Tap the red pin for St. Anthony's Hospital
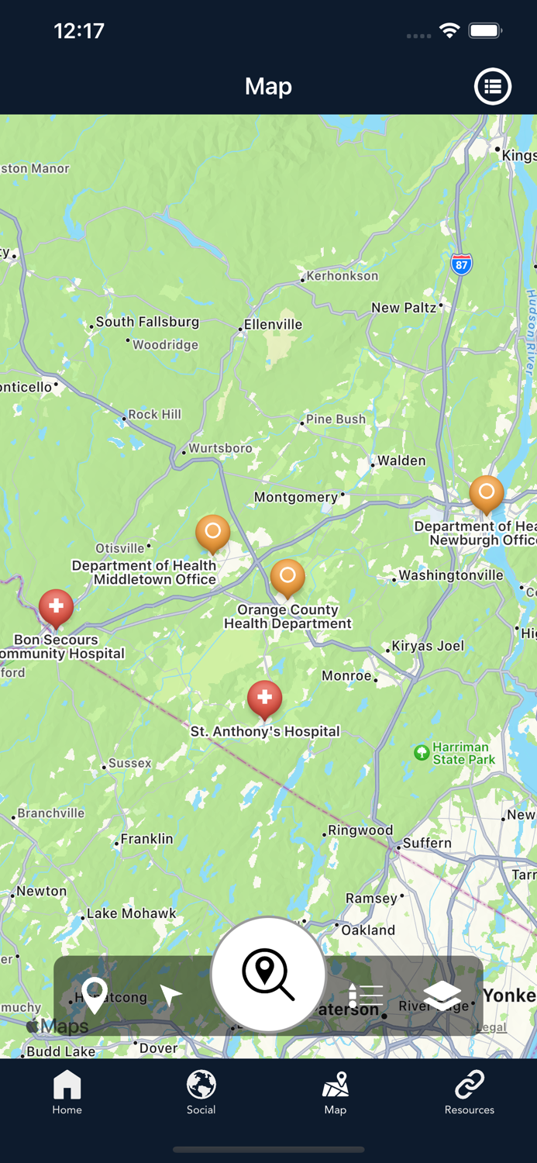click(264, 697)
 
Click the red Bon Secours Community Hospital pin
click(56, 606)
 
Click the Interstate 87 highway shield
click(462, 264)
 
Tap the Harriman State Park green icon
click(422, 753)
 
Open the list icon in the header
click(493, 86)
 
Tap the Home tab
click(67, 1092)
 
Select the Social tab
click(201, 1092)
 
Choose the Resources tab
click(469, 1092)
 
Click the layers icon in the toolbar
click(442, 995)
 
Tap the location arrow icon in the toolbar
click(170, 996)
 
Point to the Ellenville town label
click(273, 325)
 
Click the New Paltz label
click(404, 308)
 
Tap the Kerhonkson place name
click(343, 276)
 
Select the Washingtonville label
click(452, 575)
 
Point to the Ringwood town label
click(360, 830)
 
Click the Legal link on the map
click(491, 1027)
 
